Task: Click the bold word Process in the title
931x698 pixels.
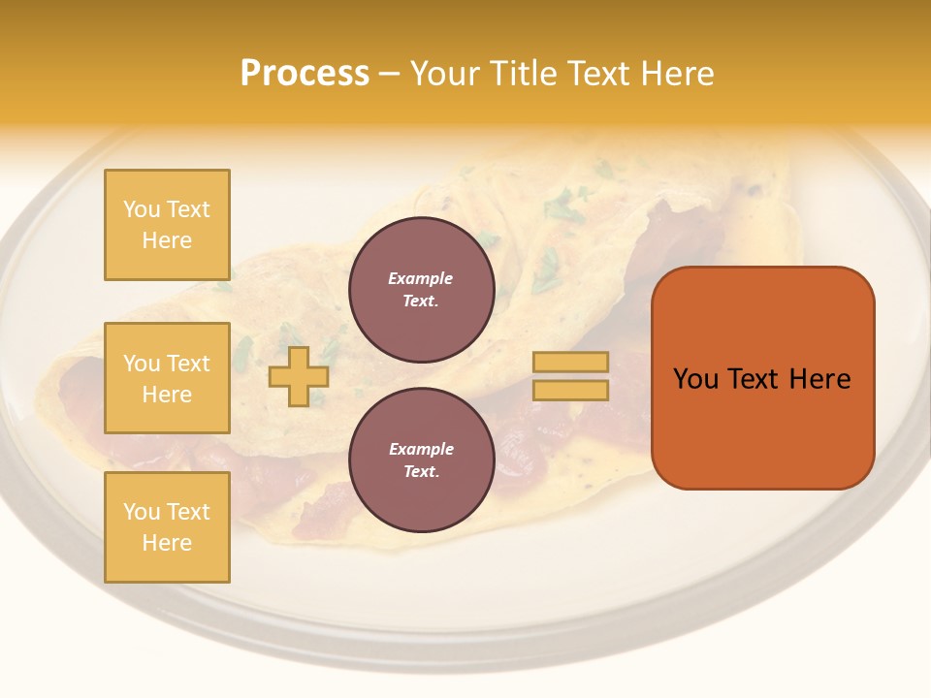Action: [x=305, y=74]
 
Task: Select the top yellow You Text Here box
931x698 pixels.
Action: [x=167, y=225]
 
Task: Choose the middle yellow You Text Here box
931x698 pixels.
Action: [x=167, y=378]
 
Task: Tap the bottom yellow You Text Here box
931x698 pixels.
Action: [x=167, y=527]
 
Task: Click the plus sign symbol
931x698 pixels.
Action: [x=299, y=376]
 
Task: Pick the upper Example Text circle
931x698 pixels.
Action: [x=421, y=289]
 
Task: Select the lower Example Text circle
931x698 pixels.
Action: [x=421, y=460]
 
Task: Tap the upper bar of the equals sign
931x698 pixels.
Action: [x=570, y=363]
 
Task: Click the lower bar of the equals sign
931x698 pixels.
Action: [x=570, y=390]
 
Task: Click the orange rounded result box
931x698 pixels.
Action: [x=762, y=427]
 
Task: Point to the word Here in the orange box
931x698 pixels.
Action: [x=819, y=379]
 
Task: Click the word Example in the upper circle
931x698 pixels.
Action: [x=421, y=278]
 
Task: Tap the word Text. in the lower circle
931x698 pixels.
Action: [x=421, y=472]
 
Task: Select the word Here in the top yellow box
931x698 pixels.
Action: [x=167, y=240]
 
